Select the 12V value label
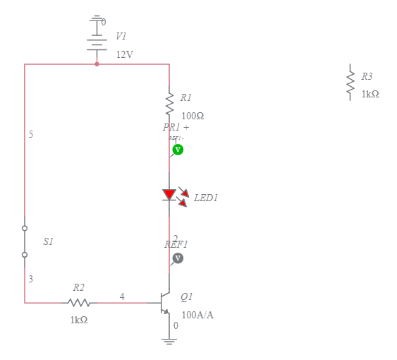pos(124,54)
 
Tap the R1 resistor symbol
pos(169,102)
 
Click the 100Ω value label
pos(193,116)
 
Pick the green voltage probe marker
pos(178,150)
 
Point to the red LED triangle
pos(169,194)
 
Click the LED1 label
pos(206,198)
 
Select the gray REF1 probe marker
pos(178,258)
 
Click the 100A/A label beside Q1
pos(197,315)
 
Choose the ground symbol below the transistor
pos(169,341)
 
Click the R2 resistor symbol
pos(79,303)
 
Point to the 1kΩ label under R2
pos(79,320)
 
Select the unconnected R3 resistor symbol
pos(349,83)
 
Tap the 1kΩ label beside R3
pos(370,94)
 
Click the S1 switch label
pos(48,241)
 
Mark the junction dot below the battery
pos(97,64)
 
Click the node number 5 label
pos(31,134)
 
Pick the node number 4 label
pos(122,296)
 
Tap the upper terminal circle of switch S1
pos(25,228)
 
